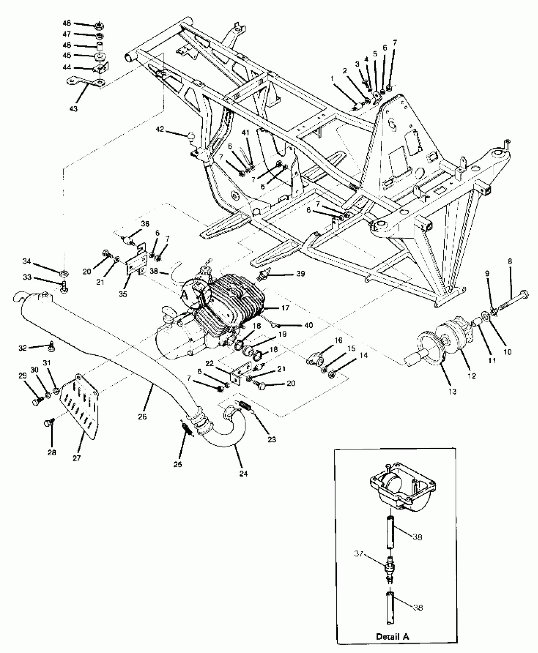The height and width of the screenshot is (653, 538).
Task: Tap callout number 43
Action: tap(73, 109)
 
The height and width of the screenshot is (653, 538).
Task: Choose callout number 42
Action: tap(160, 129)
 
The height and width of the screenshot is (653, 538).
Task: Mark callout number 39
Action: tap(300, 274)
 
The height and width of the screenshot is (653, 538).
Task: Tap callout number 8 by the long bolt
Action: tap(510, 262)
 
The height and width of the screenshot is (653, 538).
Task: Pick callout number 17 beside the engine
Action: tap(285, 307)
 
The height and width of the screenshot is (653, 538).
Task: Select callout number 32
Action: tap(22, 348)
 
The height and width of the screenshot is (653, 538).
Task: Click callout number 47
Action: tap(67, 34)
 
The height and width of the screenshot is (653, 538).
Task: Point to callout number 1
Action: tap(332, 79)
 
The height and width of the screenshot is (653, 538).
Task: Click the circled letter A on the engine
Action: tap(184, 294)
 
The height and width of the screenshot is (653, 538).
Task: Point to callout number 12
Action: tap(472, 376)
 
